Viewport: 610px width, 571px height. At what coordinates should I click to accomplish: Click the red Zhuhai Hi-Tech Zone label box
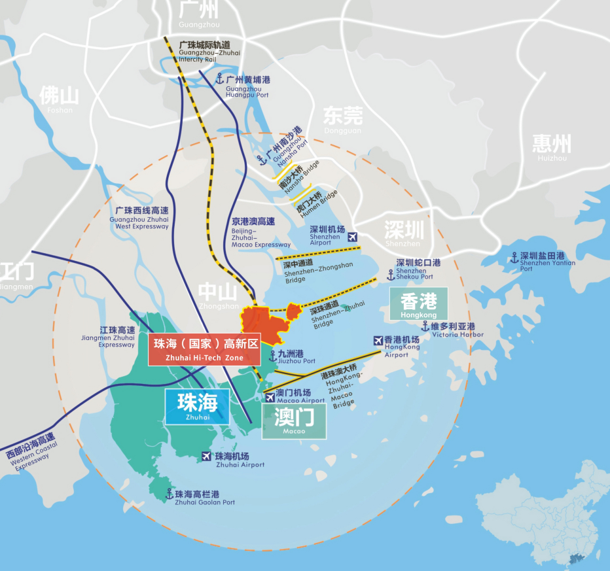(204, 350)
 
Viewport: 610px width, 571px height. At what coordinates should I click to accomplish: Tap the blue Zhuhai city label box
(197, 406)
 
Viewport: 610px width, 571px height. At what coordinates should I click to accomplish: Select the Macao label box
(294, 421)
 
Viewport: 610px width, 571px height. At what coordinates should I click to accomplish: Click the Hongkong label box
(418, 304)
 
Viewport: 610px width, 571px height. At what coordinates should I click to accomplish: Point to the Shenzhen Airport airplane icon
(353, 237)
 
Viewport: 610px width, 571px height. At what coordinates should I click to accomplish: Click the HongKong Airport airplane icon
(378, 340)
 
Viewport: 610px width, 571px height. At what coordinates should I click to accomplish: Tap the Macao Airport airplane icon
(270, 398)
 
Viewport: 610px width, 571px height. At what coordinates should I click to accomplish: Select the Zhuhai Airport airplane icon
(207, 456)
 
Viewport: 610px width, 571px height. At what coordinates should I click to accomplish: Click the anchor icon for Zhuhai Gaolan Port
(170, 494)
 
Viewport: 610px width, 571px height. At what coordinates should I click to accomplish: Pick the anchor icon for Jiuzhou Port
(273, 356)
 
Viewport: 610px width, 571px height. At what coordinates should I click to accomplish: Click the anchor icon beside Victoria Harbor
(425, 326)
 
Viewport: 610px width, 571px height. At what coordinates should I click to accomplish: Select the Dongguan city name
(342, 119)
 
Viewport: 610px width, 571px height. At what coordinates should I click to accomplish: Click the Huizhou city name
(551, 147)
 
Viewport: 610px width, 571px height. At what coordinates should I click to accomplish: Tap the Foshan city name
(60, 98)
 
